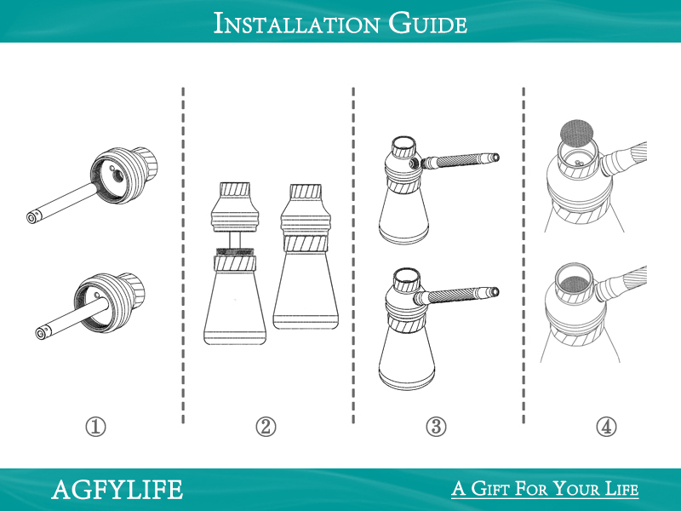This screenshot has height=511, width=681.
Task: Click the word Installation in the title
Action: [x=296, y=24]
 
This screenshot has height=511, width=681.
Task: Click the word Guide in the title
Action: [x=428, y=24]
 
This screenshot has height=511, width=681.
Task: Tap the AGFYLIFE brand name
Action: [x=117, y=490]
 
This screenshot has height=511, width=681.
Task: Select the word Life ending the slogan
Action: [x=622, y=488]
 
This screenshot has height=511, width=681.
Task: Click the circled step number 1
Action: [x=95, y=427]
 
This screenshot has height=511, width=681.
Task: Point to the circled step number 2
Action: [x=266, y=427]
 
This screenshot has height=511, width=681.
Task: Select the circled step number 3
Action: [x=436, y=427]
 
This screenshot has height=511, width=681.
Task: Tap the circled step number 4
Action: [x=606, y=427]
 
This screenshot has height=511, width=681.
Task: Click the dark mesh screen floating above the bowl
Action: [x=577, y=133]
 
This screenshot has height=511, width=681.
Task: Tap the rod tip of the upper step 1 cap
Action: [x=32, y=217]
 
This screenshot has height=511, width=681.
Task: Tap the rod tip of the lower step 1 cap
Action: [x=41, y=334]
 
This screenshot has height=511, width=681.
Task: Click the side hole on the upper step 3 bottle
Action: [x=413, y=164]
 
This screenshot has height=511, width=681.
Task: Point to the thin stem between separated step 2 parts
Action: [x=235, y=239]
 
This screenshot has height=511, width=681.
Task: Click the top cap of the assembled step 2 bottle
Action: [x=306, y=192]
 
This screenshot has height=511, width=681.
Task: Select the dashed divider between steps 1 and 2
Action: [x=183, y=255]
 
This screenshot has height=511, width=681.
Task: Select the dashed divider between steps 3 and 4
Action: [x=524, y=255]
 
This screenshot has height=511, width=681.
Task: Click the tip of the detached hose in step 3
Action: [x=495, y=158]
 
